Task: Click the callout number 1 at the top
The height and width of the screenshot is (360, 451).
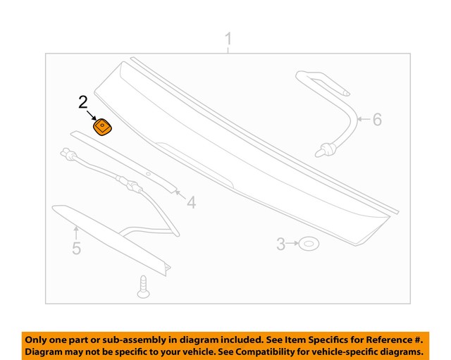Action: coord(228,39)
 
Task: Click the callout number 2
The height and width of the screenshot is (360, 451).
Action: coord(83,103)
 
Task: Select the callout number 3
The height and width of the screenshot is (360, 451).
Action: coord(280,244)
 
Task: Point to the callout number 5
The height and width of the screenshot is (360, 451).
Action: coord(76,248)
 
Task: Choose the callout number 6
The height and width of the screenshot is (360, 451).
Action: coord(377,120)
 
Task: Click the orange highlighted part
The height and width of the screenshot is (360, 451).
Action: coord(104,128)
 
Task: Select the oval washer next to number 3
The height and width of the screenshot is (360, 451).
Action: coord(309,244)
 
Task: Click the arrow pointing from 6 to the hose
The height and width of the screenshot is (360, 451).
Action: coord(363,120)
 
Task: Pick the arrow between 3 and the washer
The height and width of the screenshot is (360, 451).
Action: coord(292,244)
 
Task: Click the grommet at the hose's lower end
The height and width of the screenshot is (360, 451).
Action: coord(326,149)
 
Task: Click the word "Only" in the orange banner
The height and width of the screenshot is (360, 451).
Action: coord(39,337)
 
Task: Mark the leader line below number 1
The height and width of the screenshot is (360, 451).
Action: coord(228,51)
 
